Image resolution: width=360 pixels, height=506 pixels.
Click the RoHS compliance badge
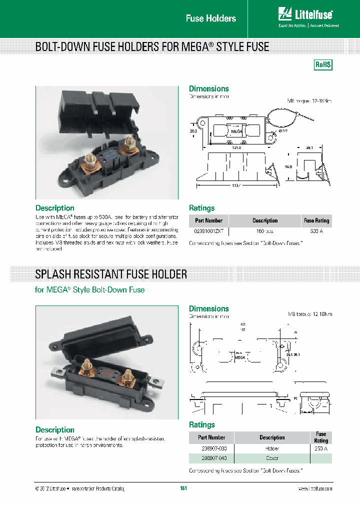[x=323, y=65]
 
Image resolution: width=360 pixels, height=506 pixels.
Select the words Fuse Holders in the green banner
[x=210, y=18]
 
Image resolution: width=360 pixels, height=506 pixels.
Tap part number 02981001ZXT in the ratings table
[x=208, y=231]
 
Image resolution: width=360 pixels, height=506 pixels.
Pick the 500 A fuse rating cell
[x=316, y=231]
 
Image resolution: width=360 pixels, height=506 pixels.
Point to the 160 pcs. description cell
[x=264, y=231]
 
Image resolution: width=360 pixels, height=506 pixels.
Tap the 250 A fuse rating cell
[x=321, y=448]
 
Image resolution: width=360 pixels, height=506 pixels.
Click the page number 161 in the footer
[x=183, y=488]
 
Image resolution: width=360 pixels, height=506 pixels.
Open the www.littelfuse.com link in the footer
[x=314, y=488]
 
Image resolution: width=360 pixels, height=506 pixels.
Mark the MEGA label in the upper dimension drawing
[x=235, y=131]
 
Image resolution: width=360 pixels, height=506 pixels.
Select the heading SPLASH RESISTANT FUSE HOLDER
[x=111, y=274]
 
